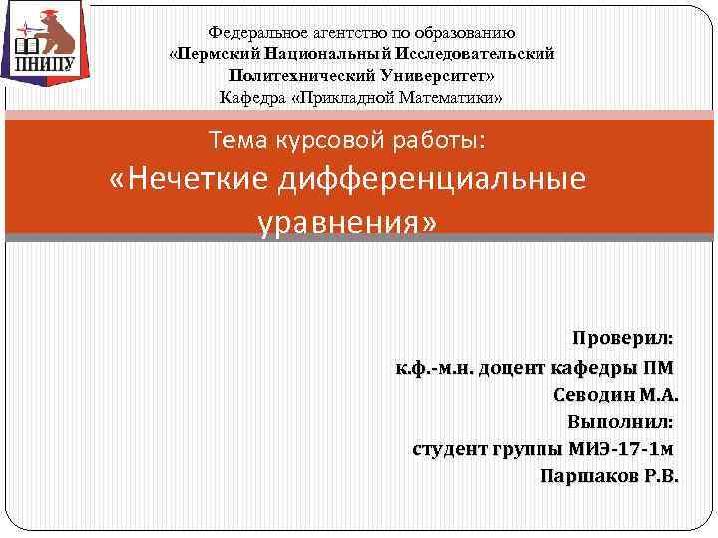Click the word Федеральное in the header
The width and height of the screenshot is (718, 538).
click(250, 33)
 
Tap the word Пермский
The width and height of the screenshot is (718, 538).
click(223, 54)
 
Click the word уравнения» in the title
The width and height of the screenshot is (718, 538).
click(348, 222)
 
